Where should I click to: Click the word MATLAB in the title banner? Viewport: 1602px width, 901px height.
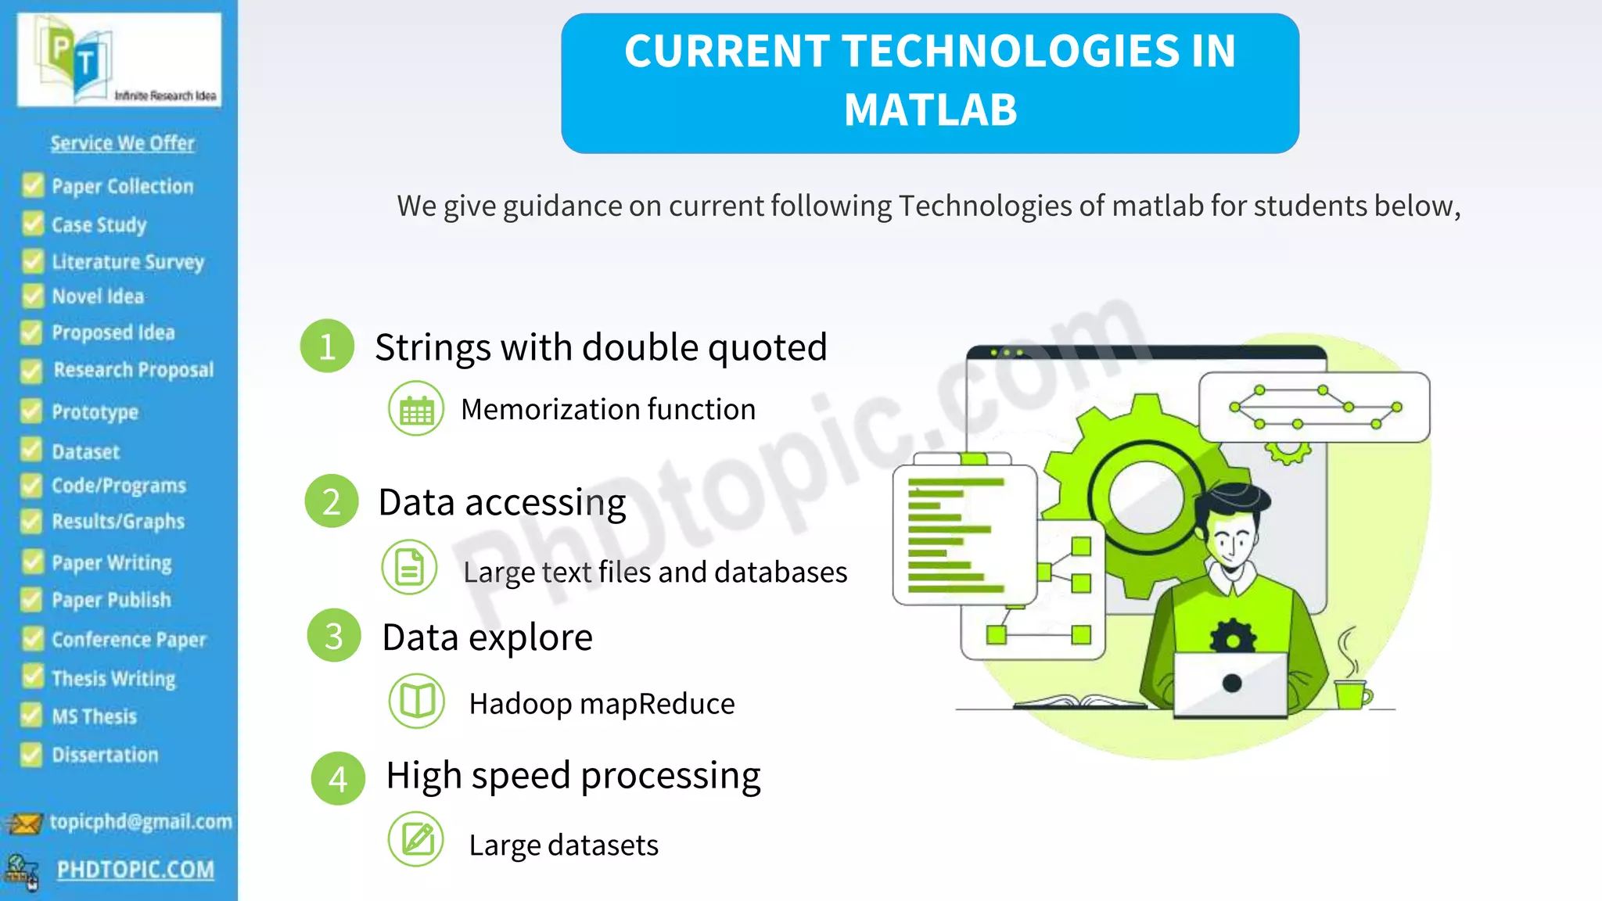pyautogui.click(x=930, y=109)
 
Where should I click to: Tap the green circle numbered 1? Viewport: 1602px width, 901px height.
pyautogui.click(x=327, y=346)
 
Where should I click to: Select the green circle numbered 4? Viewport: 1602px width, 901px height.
pyautogui.click(x=338, y=778)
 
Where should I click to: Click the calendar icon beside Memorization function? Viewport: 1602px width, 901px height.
pyautogui.click(x=416, y=408)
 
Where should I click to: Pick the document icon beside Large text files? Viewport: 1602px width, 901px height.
pyautogui.click(x=409, y=567)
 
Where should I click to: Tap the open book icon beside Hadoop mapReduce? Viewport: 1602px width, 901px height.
pyautogui.click(x=417, y=701)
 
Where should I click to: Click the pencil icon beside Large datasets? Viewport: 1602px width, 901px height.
pyautogui.click(x=416, y=840)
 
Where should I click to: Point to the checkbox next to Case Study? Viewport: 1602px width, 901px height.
pyautogui.click(x=33, y=224)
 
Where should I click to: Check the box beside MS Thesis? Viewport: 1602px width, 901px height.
pyautogui.click(x=31, y=715)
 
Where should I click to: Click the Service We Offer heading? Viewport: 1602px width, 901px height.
pyautogui.click(x=123, y=143)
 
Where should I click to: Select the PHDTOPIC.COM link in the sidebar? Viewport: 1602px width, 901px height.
pyautogui.click(x=135, y=870)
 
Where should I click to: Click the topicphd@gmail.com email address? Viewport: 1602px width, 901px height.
pyautogui.click(x=141, y=821)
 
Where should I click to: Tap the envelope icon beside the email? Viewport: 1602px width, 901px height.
pyautogui.click(x=23, y=824)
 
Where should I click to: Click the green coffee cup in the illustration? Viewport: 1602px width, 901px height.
pyautogui.click(x=1351, y=693)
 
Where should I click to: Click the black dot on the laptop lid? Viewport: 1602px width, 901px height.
pyautogui.click(x=1232, y=683)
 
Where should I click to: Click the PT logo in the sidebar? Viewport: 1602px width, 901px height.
pyautogui.click(x=78, y=59)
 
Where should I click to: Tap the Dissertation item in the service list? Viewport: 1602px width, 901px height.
pyautogui.click(x=105, y=755)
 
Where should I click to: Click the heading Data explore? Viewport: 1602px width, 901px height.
pyautogui.click(x=487, y=637)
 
